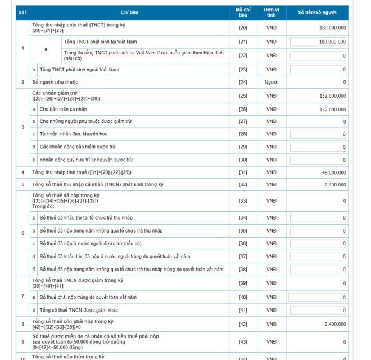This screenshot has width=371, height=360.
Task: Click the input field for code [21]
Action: tap(318, 42)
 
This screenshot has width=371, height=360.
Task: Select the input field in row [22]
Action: tap(318, 56)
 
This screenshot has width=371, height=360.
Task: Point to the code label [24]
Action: tap(243, 83)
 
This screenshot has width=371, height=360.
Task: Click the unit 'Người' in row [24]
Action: tap(272, 83)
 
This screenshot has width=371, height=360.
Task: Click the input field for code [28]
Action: tap(318, 134)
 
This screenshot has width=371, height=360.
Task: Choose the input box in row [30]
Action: tap(318, 160)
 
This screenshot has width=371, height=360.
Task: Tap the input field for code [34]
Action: tap(318, 217)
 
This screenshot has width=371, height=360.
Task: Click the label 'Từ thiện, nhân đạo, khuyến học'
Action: tap(74, 134)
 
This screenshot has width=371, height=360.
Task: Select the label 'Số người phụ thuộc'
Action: tap(55, 83)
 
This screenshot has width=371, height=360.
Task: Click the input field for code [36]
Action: tap(318, 243)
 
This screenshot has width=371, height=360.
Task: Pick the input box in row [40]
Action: tap(318, 297)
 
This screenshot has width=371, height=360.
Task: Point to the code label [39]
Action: tap(243, 283)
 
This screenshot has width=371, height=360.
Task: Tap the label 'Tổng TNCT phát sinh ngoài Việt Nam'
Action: tap(79, 70)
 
